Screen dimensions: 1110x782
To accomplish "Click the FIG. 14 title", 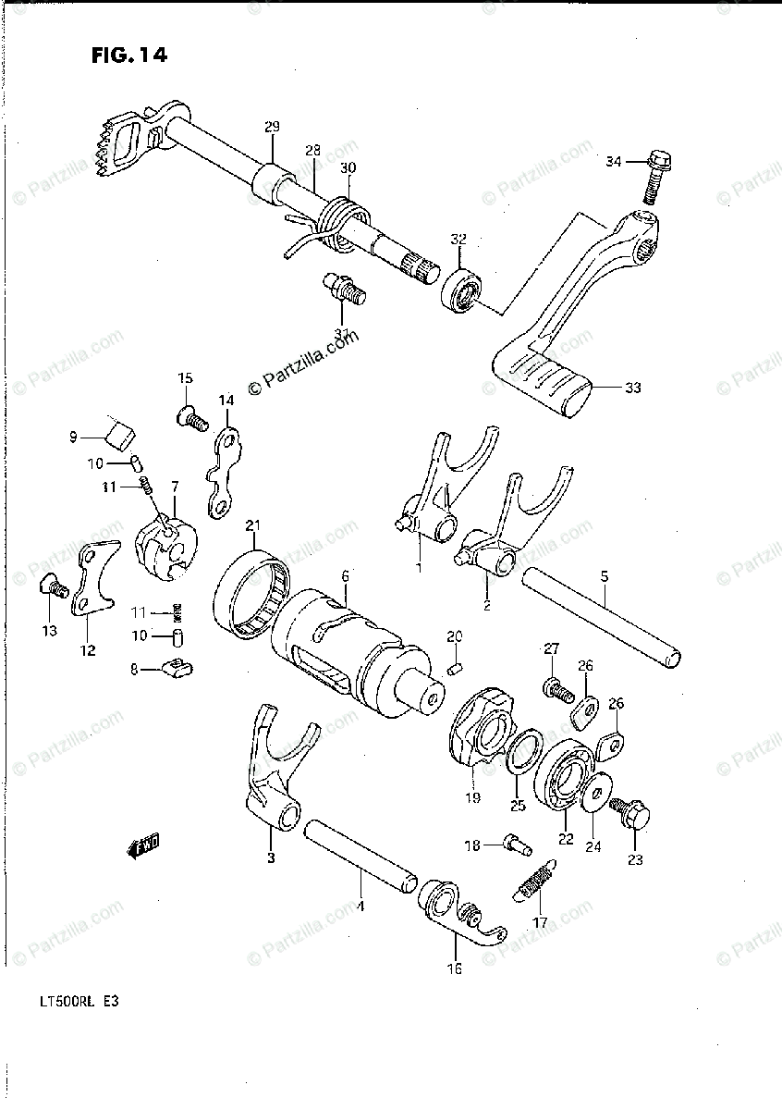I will [129, 56].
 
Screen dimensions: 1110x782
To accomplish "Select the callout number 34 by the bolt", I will [614, 162].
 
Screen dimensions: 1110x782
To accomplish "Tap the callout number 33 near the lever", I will [631, 388].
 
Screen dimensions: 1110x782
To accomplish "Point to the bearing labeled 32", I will [459, 291].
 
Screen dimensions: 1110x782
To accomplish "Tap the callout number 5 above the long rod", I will [604, 576].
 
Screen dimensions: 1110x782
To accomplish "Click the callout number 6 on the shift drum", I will [345, 575].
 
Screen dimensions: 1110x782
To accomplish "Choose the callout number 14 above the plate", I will [226, 400].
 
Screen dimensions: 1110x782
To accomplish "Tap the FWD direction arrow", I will [142, 845].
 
